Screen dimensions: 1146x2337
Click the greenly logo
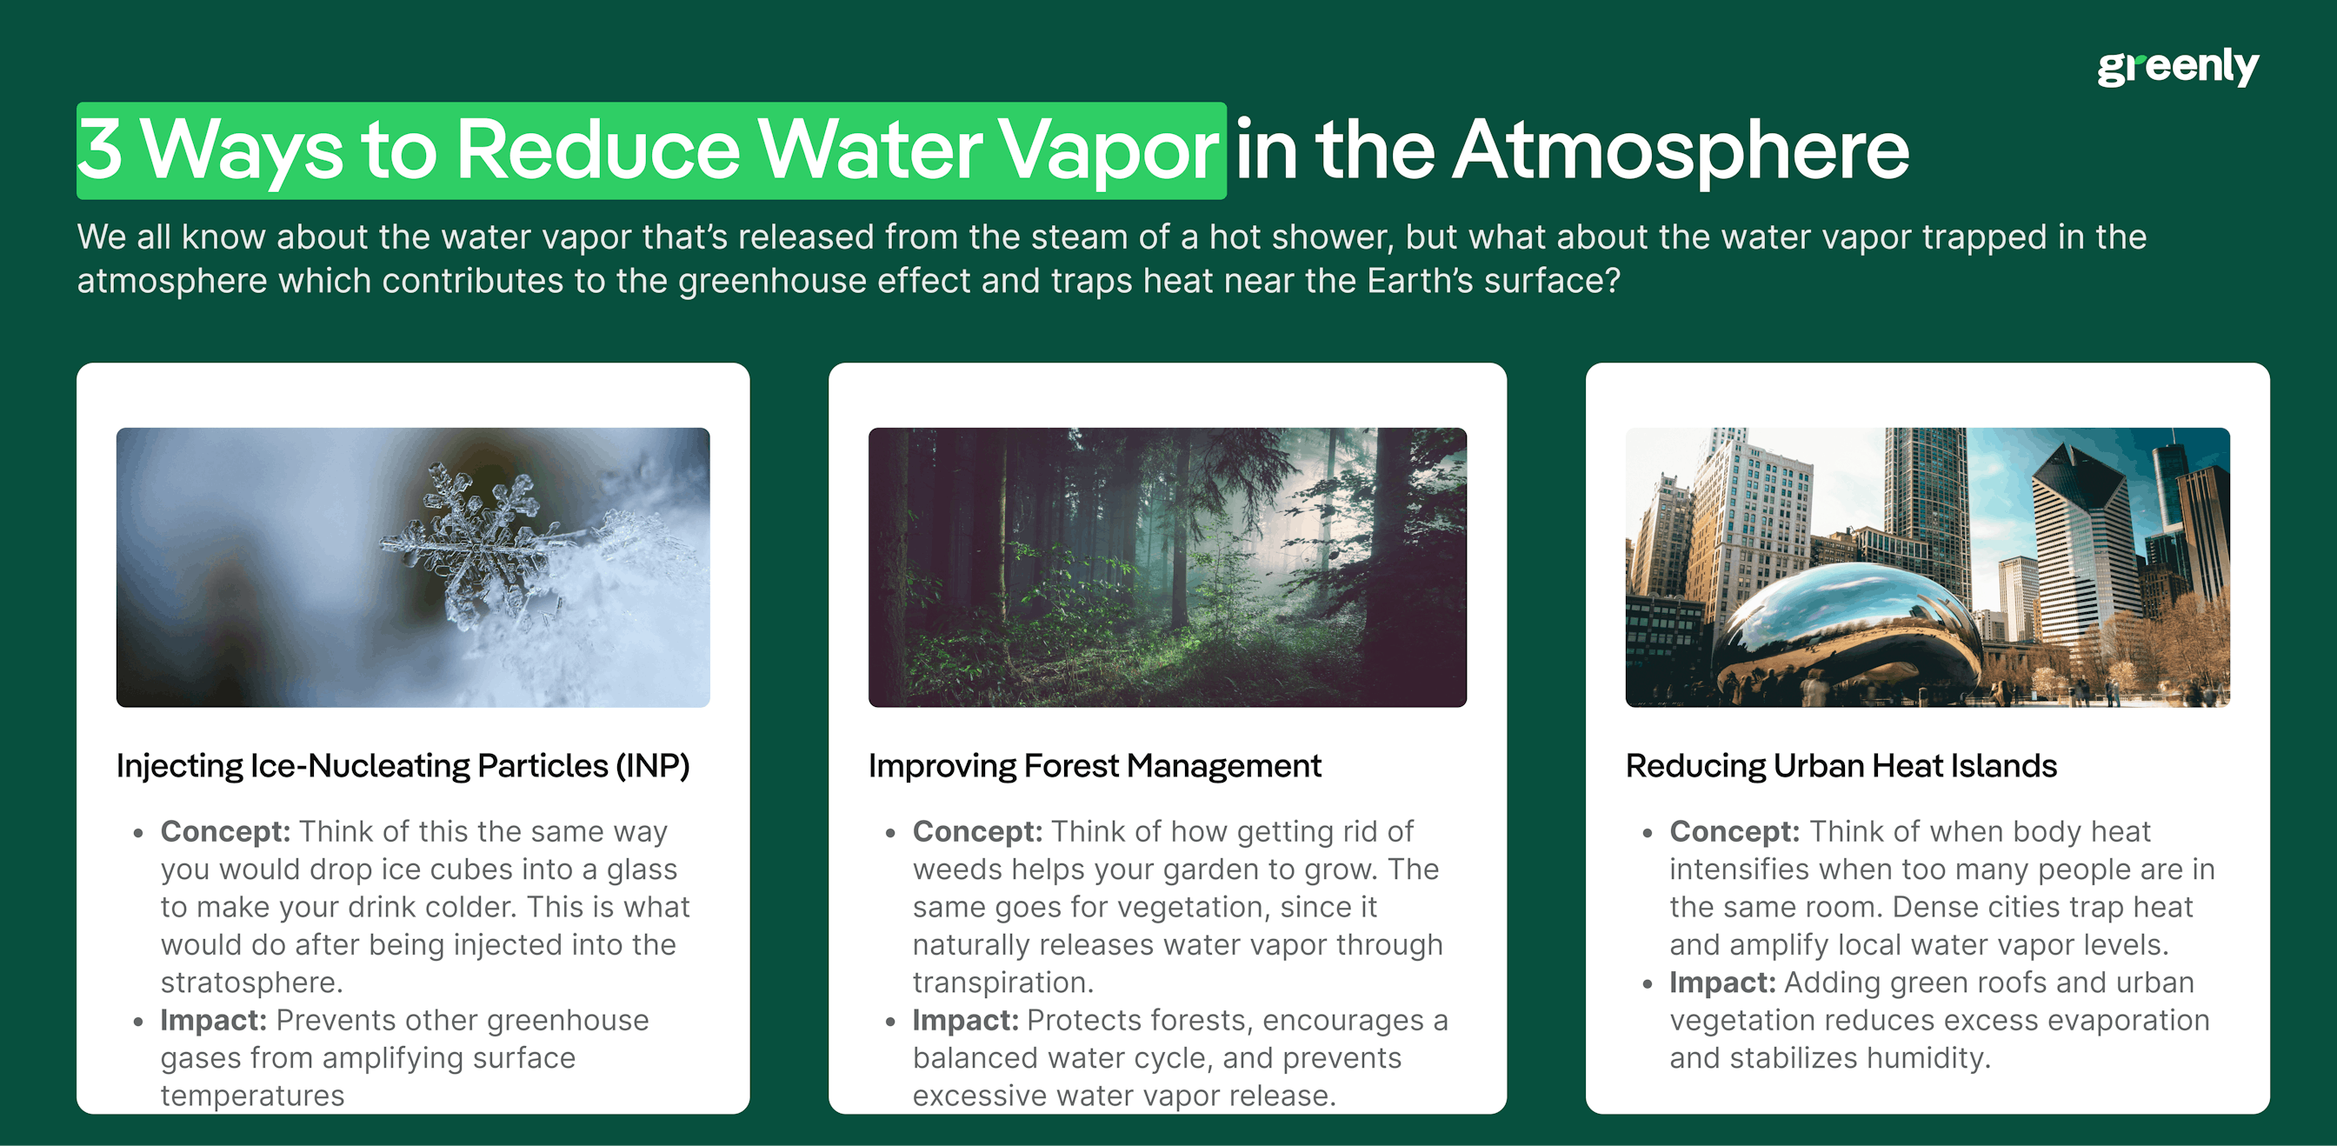click(x=2177, y=66)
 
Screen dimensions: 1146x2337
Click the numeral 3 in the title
click(x=100, y=149)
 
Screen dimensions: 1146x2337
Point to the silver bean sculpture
click(x=1851, y=626)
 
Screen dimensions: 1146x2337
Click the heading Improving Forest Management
click(x=1094, y=767)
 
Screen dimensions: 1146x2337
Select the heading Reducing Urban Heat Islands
click(x=1841, y=767)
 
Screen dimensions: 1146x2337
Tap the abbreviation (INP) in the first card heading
click(x=652, y=767)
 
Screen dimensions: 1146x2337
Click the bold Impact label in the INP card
click(x=213, y=1020)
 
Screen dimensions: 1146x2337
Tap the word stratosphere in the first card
click(x=250, y=983)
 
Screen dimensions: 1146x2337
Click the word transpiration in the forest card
click(x=1002, y=983)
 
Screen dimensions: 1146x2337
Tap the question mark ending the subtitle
click(x=1612, y=281)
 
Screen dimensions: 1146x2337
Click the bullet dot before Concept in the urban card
click(x=1648, y=833)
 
